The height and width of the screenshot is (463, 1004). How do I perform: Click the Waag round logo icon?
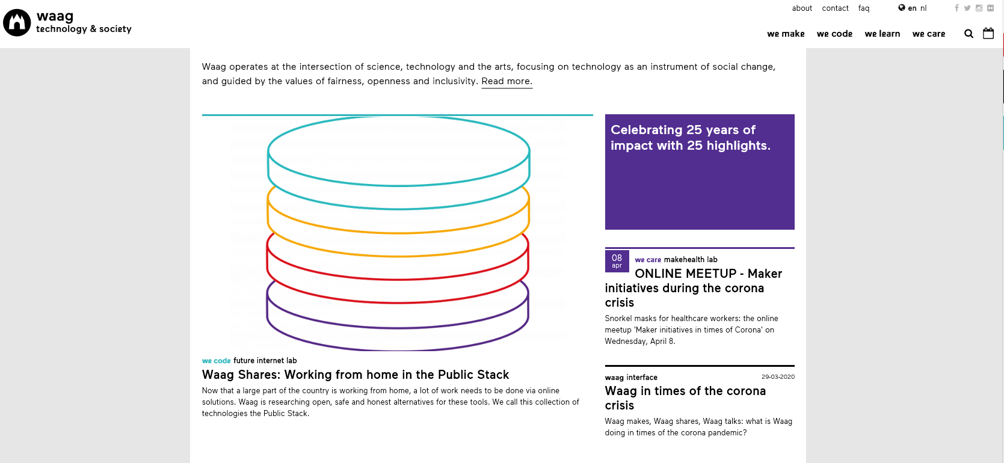(17, 22)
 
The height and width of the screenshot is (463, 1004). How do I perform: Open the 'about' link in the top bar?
(802, 8)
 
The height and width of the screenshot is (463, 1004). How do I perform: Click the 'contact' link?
(835, 8)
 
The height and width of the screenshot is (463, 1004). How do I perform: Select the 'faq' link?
(864, 8)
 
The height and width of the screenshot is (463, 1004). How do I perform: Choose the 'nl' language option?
(923, 8)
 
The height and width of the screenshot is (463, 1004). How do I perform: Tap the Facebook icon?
(956, 8)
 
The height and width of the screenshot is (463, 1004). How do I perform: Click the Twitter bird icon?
(967, 8)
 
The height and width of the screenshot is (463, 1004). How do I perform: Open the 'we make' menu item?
(786, 34)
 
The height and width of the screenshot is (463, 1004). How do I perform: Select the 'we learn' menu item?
(882, 34)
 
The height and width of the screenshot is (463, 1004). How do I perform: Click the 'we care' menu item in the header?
(929, 34)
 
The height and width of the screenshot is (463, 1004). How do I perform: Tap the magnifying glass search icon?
(969, 34)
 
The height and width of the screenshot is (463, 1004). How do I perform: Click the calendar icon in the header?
(988, 33)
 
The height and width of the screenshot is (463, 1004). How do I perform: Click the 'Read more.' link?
(507, 81)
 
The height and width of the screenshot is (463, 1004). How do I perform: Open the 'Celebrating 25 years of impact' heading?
(690, 138)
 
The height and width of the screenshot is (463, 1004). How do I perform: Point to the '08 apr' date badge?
(617, 261)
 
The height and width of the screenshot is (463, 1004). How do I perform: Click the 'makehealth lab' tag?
(690, 260)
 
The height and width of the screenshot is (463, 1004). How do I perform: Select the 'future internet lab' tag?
(265, 360)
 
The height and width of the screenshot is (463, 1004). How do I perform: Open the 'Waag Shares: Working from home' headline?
(356, 374)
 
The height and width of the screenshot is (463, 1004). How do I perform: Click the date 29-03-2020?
(778, 377)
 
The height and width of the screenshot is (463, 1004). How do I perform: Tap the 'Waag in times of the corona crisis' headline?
(685, 398)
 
